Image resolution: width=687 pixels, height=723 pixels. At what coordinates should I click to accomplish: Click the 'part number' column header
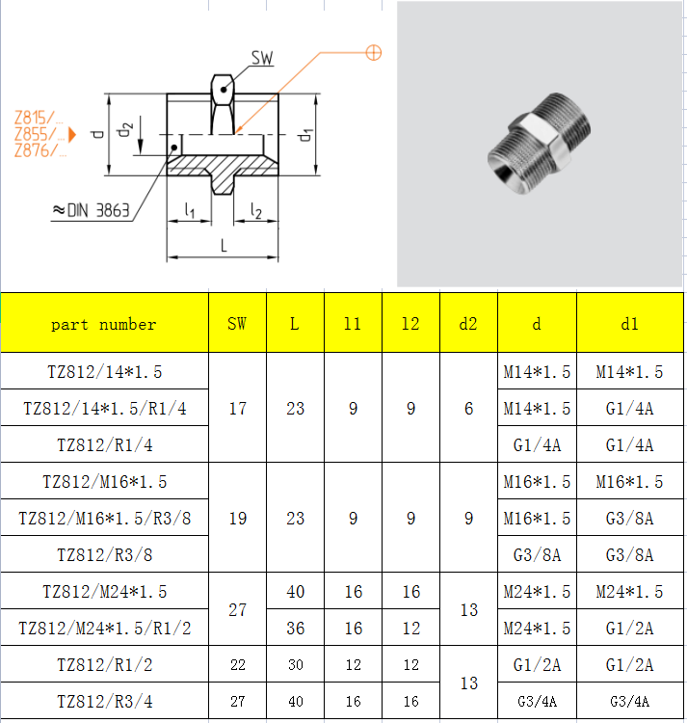[x=104, y=324]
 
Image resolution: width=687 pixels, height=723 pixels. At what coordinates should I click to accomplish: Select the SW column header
[x=237, y=324]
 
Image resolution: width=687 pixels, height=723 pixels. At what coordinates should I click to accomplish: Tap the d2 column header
[x=468, y=324]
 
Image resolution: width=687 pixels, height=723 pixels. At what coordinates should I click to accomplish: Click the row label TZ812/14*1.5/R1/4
[x=104, y=409]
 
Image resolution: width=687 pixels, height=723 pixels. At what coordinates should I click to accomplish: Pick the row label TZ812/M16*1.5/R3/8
[x=104, y=519]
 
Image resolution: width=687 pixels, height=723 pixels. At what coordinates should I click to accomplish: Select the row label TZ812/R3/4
[x=104, y=702]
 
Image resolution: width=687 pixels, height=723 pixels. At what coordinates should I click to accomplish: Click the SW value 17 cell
[x=237, y=409]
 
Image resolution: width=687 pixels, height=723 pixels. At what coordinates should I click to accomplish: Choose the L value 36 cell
[x=295, y=629]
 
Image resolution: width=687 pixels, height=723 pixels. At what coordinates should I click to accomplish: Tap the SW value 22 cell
[x=237, y=665]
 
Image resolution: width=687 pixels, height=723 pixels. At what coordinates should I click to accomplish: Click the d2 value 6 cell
[x=468, y=409]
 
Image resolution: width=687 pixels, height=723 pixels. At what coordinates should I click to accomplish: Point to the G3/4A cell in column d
[x=537, y=702]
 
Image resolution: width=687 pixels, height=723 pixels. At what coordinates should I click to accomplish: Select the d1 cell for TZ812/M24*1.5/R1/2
[x=630, y=629]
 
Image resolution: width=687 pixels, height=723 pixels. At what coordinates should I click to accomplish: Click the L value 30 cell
[x=295, y=665]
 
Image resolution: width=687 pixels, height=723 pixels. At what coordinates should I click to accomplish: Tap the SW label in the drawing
[x=262, y=59]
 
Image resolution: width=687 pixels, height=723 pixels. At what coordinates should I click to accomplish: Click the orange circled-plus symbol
[x=374, y=52]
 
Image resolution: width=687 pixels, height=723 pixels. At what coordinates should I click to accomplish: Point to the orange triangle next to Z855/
[x=72, y=134]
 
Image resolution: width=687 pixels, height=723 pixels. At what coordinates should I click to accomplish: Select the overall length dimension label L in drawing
[x=224, y=245]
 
